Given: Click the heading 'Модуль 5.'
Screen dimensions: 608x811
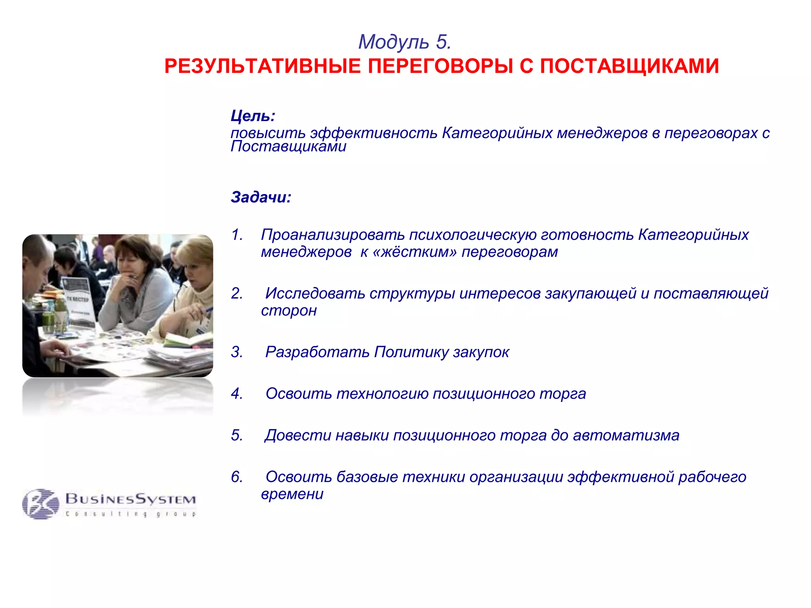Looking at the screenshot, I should tap(405, 42).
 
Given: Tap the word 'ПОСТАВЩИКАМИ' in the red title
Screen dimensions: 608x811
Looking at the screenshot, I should tap(629, 66).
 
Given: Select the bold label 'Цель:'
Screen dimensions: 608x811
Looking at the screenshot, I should tap(253, 116).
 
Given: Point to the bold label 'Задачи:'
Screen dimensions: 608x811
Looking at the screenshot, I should tap(261, 197).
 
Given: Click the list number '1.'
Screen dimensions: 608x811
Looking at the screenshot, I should tap(237, 235).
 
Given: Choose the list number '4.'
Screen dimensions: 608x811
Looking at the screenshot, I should tap(237, 393).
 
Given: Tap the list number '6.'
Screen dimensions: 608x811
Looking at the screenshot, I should tap(237, 477).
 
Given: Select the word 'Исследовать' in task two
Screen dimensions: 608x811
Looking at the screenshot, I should tap(315, 293).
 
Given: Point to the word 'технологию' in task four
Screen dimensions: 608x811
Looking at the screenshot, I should tap(382, 393).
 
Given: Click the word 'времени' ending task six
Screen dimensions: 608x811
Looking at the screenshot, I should tap(292, 494).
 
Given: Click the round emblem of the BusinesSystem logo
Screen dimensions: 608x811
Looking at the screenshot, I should tap(40, 503).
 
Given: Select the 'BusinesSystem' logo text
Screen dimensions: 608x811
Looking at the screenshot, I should tap(131, 499).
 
